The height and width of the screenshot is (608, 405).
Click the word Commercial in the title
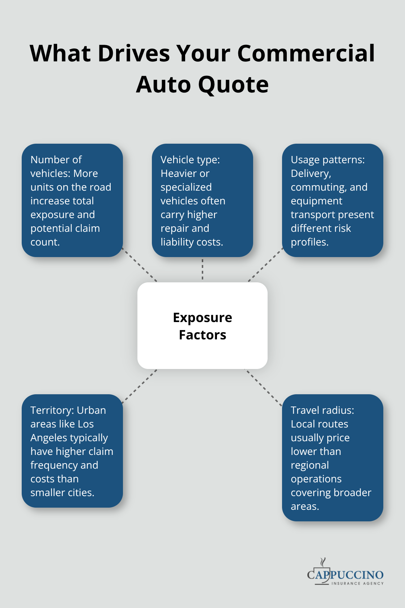[x=306, y=53]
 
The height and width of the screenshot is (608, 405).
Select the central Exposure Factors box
[x=202, y=325]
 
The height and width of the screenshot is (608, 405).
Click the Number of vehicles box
[x=72, y=200]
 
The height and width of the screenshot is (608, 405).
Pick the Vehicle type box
[x=202, y=200]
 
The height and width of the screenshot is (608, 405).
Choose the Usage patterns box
[x=332, y=200]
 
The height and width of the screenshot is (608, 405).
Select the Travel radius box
[x=332, y=457]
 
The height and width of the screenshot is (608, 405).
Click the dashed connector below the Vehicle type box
[x=202, y=269]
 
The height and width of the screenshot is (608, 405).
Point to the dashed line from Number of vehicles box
[x=140, y=265]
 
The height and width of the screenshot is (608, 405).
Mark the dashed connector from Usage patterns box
[x=265, y=265]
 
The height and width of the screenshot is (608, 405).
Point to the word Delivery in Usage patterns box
[x=311, y=174]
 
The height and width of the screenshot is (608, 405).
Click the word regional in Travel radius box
[x=310, y=465]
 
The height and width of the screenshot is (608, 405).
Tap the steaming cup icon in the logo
[x=323, y=569]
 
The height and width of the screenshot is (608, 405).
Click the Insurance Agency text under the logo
[x=357, y=583]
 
